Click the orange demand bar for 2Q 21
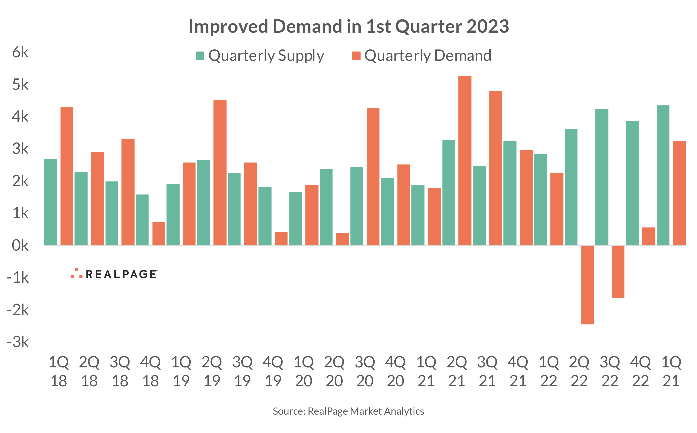[465, 160]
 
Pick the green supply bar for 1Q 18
[51, 202]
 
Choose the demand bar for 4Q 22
[649, 236]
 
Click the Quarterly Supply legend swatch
[200, 56]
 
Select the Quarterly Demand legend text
[428, 56]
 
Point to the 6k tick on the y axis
[20, 52]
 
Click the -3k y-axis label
[18, 342]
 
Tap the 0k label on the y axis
[20, 245]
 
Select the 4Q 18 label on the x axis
[150, 371]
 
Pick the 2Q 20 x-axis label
[334, 371]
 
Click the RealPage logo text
[121, 274]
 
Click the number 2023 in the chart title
[487, 26]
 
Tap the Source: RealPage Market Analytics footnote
[348, 411]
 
